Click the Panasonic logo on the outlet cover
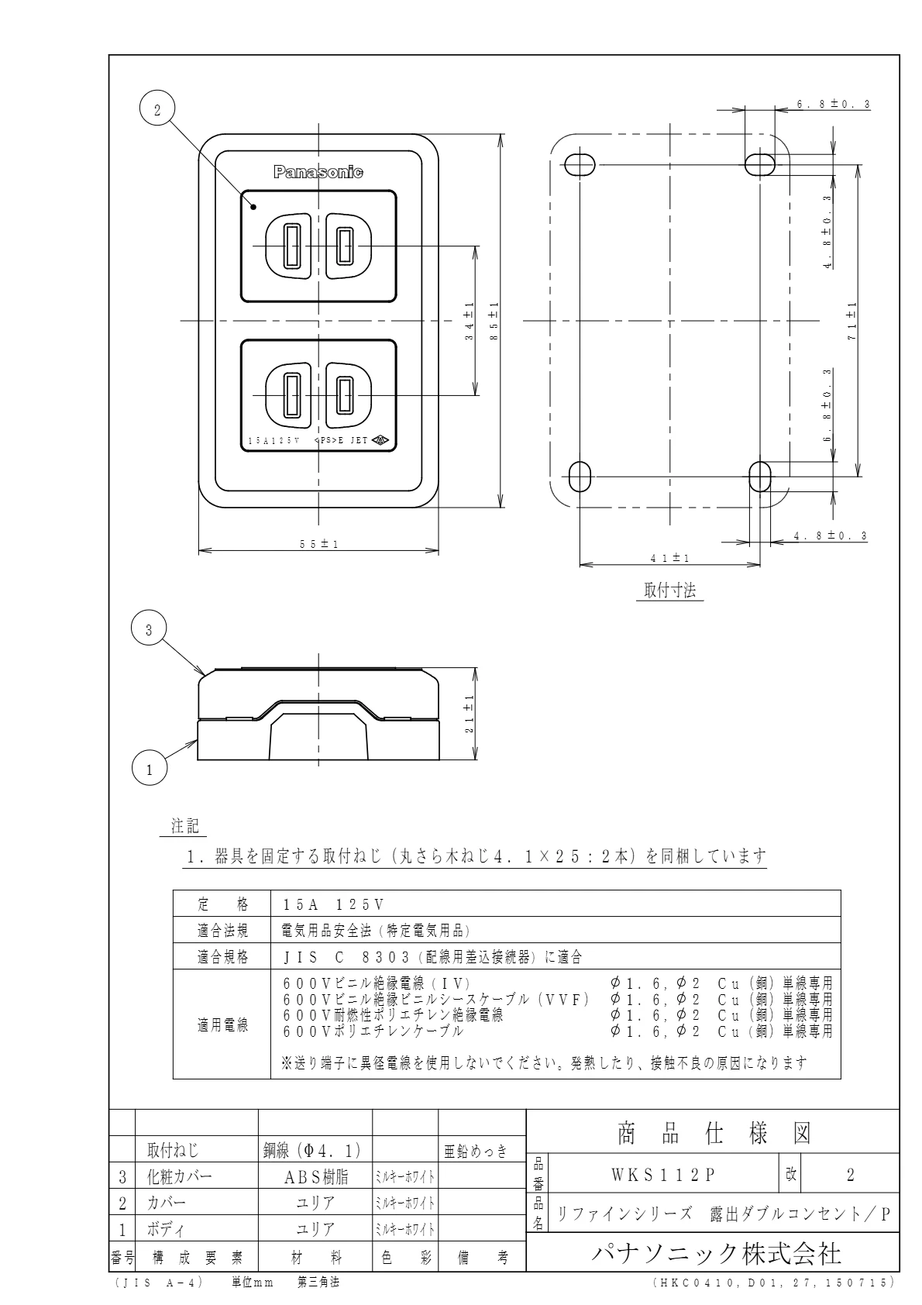tap(318, 172)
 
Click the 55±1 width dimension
tap(318, 544)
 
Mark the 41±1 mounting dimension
tap(670, 557)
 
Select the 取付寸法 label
tap(670, 591)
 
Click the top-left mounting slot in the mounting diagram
tap(579, 164)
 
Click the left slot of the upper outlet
tap(291, 246)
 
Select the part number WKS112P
tap(662, 1175)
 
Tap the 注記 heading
tap(184, 826)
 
